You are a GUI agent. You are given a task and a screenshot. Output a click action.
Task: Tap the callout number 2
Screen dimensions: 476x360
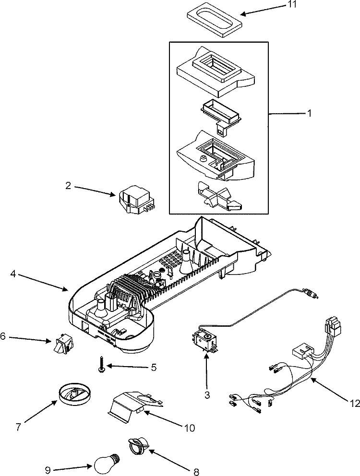coord(68,185)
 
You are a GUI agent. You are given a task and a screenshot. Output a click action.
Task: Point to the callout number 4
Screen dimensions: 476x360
coord(13,274)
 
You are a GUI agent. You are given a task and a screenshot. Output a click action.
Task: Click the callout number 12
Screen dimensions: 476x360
coord(355,404)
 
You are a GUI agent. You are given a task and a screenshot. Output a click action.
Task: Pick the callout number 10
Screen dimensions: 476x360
coord(190,428)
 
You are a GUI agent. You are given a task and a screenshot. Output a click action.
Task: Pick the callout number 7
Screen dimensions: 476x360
coord(19,427)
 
